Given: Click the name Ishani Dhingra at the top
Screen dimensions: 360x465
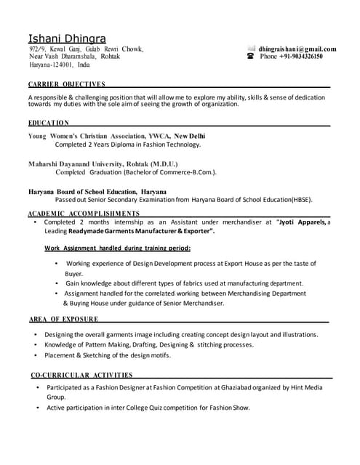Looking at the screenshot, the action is click(66, 37).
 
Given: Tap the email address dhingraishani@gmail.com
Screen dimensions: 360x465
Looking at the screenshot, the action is click(297, 49).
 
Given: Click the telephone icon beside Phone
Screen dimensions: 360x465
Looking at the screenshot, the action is click(250, 56).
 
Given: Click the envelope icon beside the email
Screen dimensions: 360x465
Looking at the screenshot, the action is click(250, 48).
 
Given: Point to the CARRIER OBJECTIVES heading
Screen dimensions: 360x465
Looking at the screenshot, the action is click(66, 84).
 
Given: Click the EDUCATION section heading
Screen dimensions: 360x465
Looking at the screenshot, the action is click(49, 123).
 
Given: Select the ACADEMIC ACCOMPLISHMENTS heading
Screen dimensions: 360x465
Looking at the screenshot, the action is click(84, 214).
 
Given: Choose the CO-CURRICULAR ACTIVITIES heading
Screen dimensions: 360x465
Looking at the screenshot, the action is click(81, 375).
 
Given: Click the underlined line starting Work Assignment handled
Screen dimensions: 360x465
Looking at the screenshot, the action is click(117, 248).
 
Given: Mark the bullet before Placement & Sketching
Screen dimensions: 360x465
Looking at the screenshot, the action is click(36, 356).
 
